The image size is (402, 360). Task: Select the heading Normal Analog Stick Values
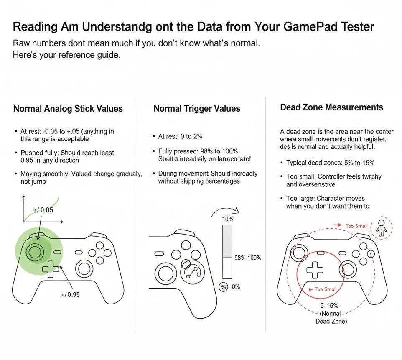[68, 109]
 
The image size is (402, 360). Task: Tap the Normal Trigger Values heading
[197, 109]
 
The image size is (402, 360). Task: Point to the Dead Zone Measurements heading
[331, 107]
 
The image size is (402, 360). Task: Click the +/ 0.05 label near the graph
[43, 210]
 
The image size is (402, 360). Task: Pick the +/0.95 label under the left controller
[70, 294]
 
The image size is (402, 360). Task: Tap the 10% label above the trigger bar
[227, 219]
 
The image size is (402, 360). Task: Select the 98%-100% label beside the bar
[248, 258]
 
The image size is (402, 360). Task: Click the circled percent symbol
[224, 287]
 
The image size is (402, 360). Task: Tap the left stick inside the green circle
[34, 252]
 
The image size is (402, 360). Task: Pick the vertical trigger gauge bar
[227, 252]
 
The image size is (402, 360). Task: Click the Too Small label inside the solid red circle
[325, 289]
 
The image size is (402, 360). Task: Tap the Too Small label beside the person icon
[356, 226]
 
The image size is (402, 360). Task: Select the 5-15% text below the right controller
[329, 306]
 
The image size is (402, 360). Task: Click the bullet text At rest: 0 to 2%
[180, 136]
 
